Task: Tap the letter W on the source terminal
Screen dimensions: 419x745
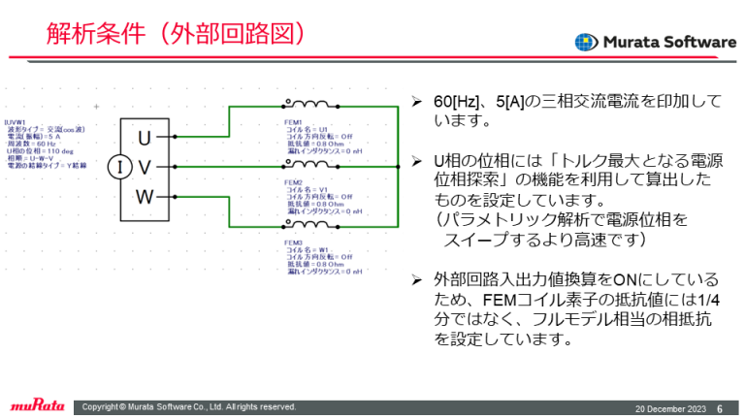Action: [145, 198]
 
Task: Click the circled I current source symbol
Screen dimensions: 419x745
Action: [118, 167]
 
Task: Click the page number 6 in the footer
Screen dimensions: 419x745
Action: [719, 407]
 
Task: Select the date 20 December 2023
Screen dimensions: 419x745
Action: [669, 407]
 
